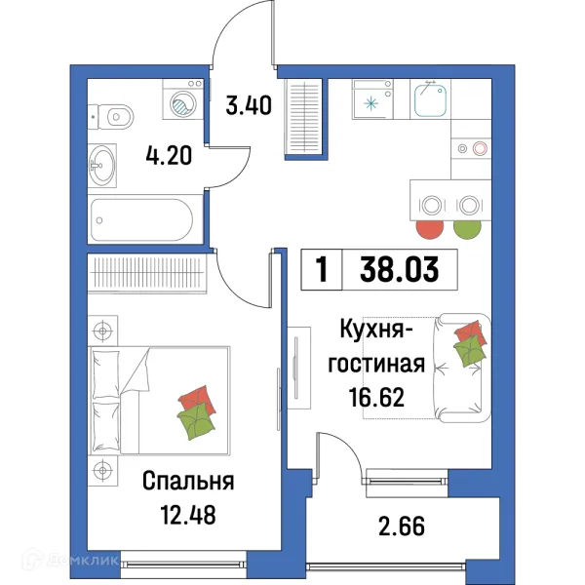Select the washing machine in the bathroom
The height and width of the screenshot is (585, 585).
[x=181, y=103]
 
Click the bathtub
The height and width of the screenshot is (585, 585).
[x=144, y=220]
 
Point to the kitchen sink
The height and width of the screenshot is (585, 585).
[x=429, y=98]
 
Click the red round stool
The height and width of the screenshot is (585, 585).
[x=428, y=232]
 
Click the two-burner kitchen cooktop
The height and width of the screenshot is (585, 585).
[x=470, y=149]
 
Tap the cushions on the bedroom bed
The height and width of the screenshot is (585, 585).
[x=195, y=410]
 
